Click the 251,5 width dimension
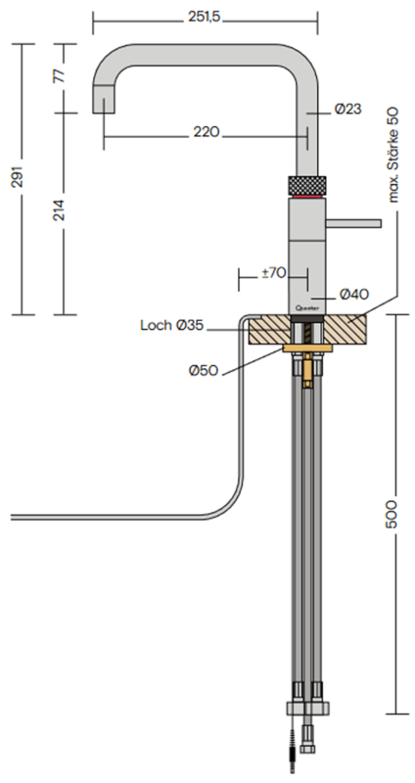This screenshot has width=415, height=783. coord(205,18)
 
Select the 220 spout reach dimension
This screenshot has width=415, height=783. coord(207,132)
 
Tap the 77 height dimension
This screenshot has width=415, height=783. coord(59,76)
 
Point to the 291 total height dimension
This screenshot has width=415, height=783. coord(18,177)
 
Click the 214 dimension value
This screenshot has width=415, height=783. coord(59,210)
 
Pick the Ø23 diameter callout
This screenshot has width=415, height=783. coord(348,109)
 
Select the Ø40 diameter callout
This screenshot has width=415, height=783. coord(354,295)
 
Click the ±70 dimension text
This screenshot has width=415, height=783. coord(274,273)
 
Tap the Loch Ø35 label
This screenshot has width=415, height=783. coord(172,326)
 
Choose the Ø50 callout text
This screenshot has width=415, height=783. coord(204,371)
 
